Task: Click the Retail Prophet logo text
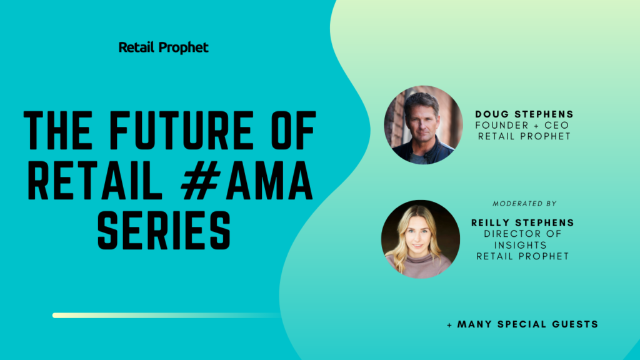[163, 47]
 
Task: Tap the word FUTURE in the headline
[182, 131]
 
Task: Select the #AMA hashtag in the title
[247, 180]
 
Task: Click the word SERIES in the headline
[164, 230]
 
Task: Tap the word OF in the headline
[294, 131]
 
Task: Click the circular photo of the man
[423, 125]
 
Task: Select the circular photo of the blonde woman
[421, 239]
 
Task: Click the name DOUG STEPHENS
[524, 114]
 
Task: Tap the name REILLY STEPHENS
[523, 223]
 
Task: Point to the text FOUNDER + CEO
[522, 125]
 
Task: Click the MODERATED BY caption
[524, 204]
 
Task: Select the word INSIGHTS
[521, 245]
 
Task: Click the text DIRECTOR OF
[523, 234]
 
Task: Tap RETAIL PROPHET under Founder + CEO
[524, 136]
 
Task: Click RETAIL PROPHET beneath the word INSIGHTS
[523, 256]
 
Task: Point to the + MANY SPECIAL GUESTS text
[522, 324]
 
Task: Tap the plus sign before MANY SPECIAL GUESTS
[449, 325]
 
